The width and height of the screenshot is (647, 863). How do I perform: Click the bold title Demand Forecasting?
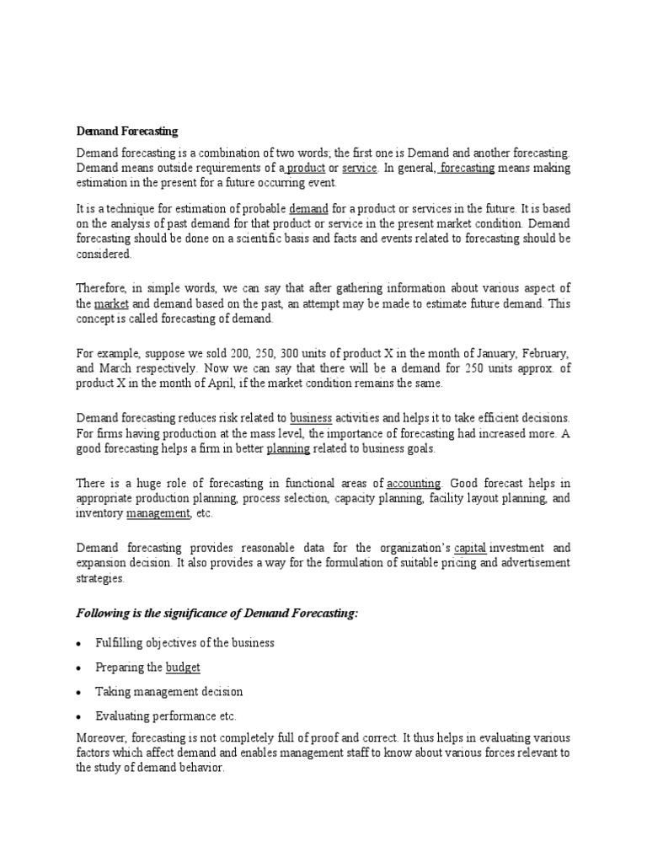(127, 131)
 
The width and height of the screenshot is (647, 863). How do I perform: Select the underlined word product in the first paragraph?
(306, 168)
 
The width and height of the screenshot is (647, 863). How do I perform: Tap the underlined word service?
(360, 168)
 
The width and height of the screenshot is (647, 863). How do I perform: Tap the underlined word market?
(110, 303)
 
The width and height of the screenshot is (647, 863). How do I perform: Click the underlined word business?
(311, 418)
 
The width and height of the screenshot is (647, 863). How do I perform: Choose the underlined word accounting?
(413, 483)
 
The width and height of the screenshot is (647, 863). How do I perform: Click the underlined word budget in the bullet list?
(183, 667)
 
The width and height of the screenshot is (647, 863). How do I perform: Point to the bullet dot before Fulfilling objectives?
(79, 644)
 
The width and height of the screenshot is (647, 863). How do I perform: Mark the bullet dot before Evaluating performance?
(79, 716)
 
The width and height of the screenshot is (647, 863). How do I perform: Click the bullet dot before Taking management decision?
(79, 692)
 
